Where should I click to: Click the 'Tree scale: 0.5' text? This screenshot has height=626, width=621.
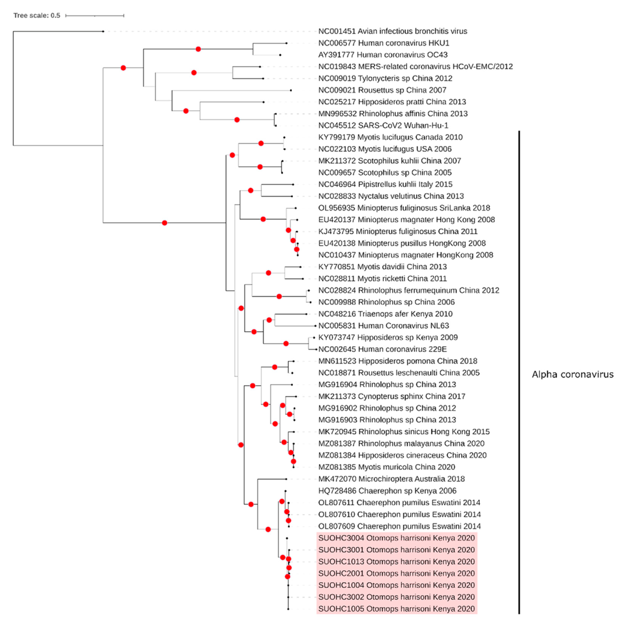point(37,16)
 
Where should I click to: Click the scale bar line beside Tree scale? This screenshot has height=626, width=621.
point(94,16)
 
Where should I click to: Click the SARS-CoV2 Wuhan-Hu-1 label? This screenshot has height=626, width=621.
point(383,125)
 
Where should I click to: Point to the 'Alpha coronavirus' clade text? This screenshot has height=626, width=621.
point(572,375)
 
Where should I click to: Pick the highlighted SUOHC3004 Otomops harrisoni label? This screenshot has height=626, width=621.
point(396,538)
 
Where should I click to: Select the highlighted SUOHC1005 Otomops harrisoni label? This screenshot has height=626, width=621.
point(396,609)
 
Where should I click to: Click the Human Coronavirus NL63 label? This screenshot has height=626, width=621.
point(383,326)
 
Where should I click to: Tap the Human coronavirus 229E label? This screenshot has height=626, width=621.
point(382,349)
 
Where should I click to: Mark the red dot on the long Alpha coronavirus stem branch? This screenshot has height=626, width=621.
point(165,223)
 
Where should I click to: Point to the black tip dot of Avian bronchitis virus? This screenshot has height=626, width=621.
point(103,31)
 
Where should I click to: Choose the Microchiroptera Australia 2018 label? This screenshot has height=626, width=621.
point(391,479)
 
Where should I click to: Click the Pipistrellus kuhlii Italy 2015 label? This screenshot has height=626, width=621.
point(385,184)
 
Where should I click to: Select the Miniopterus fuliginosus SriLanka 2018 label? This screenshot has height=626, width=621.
point(404,208)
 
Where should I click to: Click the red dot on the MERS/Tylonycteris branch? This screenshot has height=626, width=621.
point(194,73)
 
